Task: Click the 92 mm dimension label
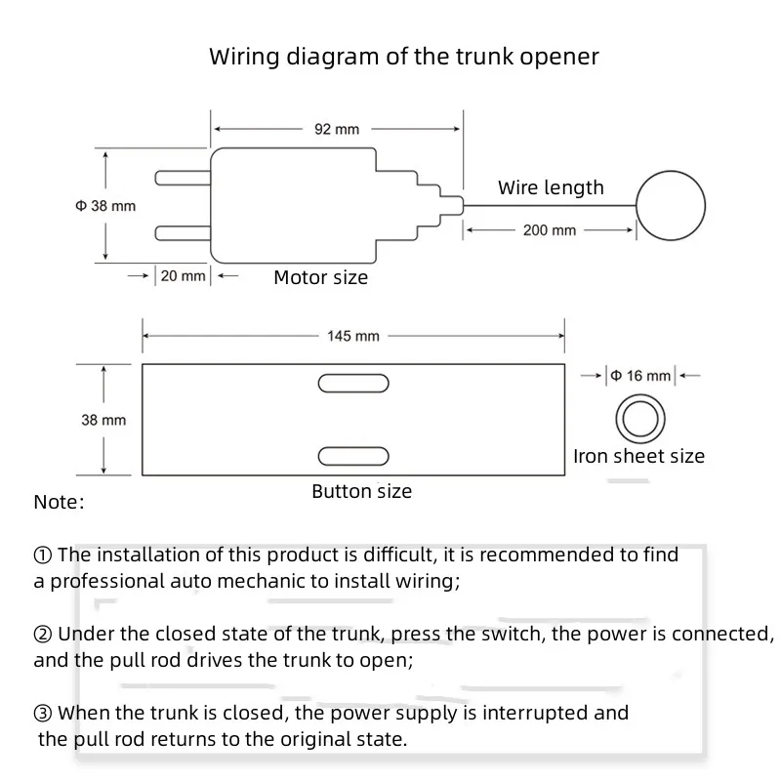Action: [x=337, y=130]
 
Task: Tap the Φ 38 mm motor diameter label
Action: [x=105, y=206]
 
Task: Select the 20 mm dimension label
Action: [x=183, y=276]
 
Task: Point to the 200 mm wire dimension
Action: [x=550, y=230]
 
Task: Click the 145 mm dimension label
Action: [x=353, y=336]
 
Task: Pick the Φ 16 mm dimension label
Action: [x=640, y=376]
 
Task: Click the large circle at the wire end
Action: [x=671, y=171]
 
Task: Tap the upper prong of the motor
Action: [x=183, y=178]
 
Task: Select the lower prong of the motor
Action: [x=183, y=232]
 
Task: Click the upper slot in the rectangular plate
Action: [x=353, y=384]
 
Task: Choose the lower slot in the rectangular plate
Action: [x=353, y=456]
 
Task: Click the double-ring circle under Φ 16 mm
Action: [x=640, y=395]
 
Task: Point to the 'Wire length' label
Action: [x=551, y=187]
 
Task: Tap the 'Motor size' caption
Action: [x=321, y=277]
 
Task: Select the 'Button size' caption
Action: [x=362, y=492]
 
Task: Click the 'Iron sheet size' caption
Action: [x=639, y=456]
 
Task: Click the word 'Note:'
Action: [x=59, y=502]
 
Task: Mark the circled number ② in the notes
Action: [x=42, y=635]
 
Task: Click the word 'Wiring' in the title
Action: [x=244, y=57]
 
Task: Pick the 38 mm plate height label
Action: [x=103, y=421]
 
